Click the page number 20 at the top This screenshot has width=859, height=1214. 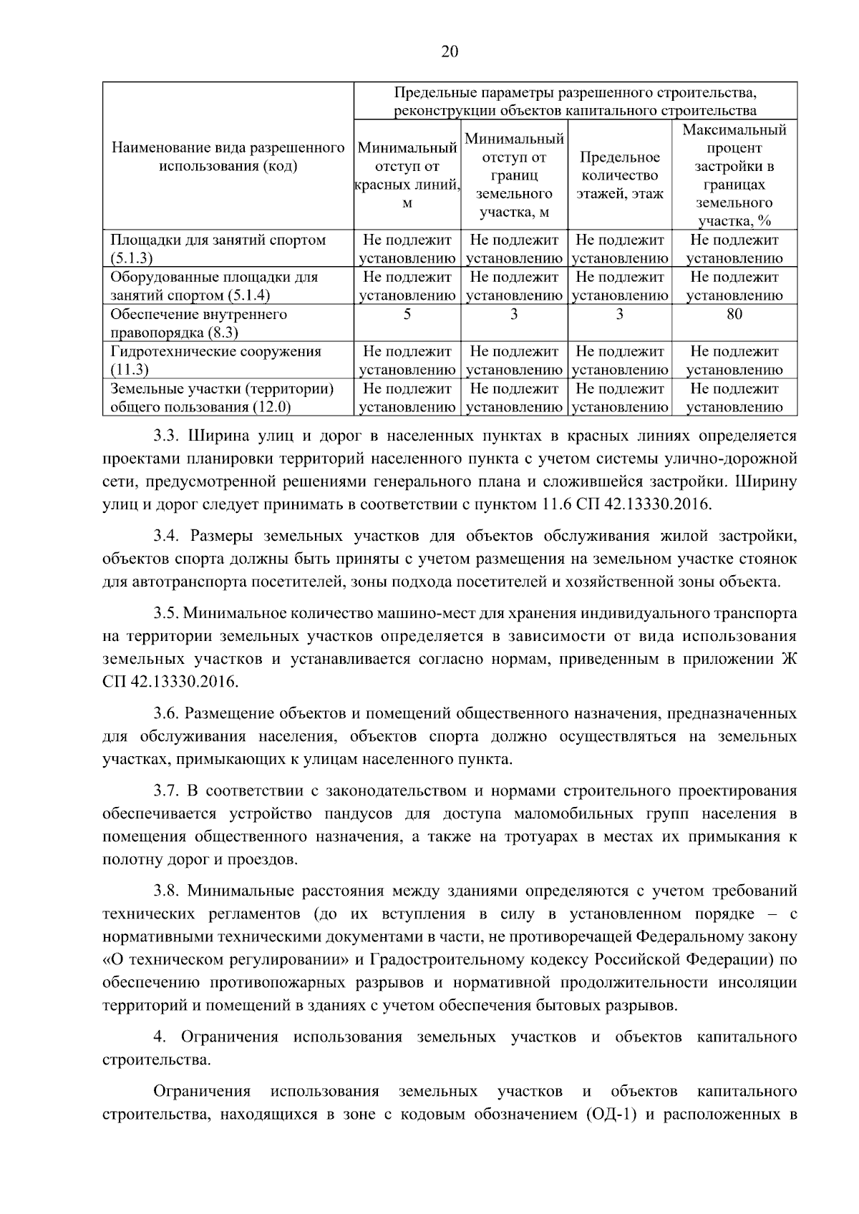[x=450, y=52]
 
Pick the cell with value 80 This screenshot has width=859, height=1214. [x=734, y=314]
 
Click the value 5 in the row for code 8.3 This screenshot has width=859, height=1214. [x=407, y=314]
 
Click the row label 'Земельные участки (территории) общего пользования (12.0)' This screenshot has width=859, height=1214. [x=222, y=398]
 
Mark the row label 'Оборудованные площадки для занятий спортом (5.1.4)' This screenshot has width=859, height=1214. [x=214, y=286]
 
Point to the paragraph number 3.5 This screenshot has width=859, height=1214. [x=168, y=614]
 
